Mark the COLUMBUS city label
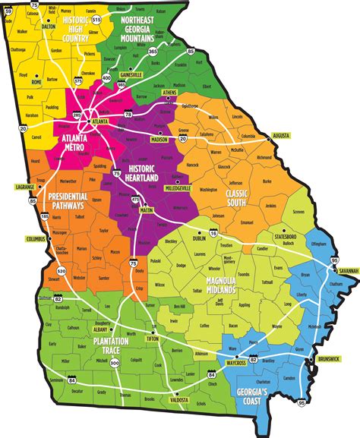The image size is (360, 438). [36, 239]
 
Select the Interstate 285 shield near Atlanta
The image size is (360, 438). [77, 115]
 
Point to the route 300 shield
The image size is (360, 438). [115, 342]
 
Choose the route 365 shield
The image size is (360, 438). [153, 50]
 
